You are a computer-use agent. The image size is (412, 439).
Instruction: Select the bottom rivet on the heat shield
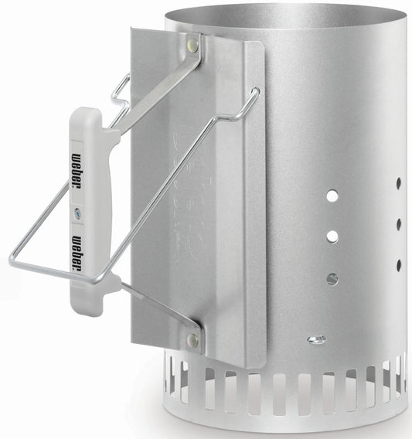[192, 339]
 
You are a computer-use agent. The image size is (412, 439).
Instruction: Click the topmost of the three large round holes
[332, 196]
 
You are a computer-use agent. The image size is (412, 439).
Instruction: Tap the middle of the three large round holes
[332, 235]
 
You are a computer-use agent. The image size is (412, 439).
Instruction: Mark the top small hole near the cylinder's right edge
[399, 185]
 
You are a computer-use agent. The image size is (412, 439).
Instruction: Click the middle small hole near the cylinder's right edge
[399, 224]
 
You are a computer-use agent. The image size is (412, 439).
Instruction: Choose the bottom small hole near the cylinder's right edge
[399, 265]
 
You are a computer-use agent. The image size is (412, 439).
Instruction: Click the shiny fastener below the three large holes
[315, 339]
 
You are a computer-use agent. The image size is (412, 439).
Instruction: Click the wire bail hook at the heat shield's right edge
[254, 97]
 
